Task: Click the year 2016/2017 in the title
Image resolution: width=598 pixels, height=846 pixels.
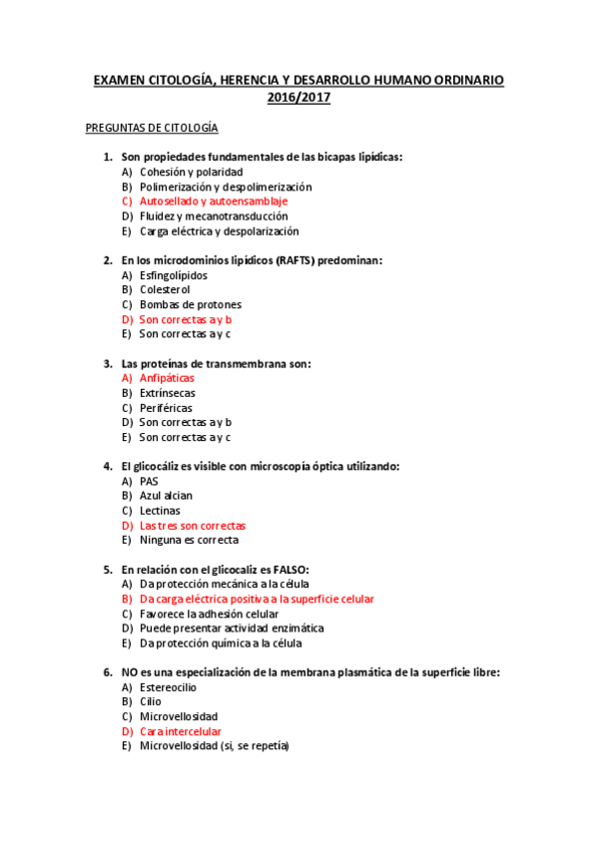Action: tap(299, 98)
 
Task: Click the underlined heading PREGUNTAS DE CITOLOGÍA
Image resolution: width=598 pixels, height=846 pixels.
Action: tap(152, 128)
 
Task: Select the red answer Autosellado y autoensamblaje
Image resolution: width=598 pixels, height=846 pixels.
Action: tap(214, 202)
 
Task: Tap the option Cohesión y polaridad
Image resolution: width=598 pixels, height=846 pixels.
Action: tap(191, 172)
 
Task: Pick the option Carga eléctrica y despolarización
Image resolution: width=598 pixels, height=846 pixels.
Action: tap(219, 230)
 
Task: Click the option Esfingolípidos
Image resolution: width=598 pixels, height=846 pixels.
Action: tap(174, 274)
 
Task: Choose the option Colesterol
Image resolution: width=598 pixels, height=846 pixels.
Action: tap(165, 289)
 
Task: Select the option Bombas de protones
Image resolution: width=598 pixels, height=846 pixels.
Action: tap(190, 304)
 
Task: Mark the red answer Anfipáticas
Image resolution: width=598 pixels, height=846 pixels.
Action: tap(167, 378)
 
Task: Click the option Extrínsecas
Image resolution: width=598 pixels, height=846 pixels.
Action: tap(168, 393)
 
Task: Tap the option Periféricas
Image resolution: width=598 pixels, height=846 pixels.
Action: tap(166, 408)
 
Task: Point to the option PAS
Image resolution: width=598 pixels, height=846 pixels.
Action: tap(149, 481)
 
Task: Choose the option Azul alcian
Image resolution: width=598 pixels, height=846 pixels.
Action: tap(166, 496)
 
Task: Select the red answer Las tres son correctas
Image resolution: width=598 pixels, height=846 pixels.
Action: tap(192, 525)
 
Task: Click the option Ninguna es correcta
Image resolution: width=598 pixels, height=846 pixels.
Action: tap(189, 540)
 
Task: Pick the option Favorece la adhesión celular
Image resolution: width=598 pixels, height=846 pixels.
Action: tap(209, 614)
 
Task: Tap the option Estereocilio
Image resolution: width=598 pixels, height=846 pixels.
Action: tap(168, 687)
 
